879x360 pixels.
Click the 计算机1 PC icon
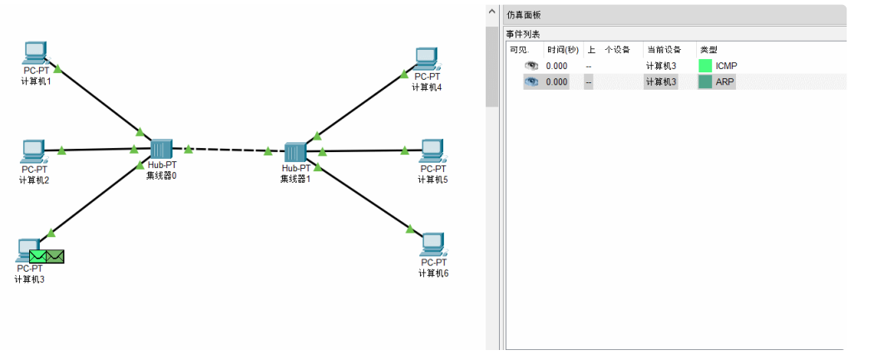point(35,52)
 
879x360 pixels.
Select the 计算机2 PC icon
point(33,151)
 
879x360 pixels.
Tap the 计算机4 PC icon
point(426,58)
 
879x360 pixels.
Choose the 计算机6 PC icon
point(432,244)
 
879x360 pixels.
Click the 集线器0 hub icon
point(161,149)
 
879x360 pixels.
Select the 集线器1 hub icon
point(295,152)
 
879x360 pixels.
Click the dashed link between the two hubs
point(229,150)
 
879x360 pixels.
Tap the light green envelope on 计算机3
point(38,257)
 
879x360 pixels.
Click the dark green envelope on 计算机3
point(56,257)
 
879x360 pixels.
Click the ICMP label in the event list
point(726,66)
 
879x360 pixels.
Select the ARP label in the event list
point(724,82)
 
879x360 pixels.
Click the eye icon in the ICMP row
point(531,66)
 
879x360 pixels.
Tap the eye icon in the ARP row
point(531,82)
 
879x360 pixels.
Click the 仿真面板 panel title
point(524,15)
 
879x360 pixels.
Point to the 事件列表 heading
point(523,34)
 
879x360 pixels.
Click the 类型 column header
point(708,50)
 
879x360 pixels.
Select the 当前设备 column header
point(663,50)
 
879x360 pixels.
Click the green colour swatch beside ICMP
point(705,66)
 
